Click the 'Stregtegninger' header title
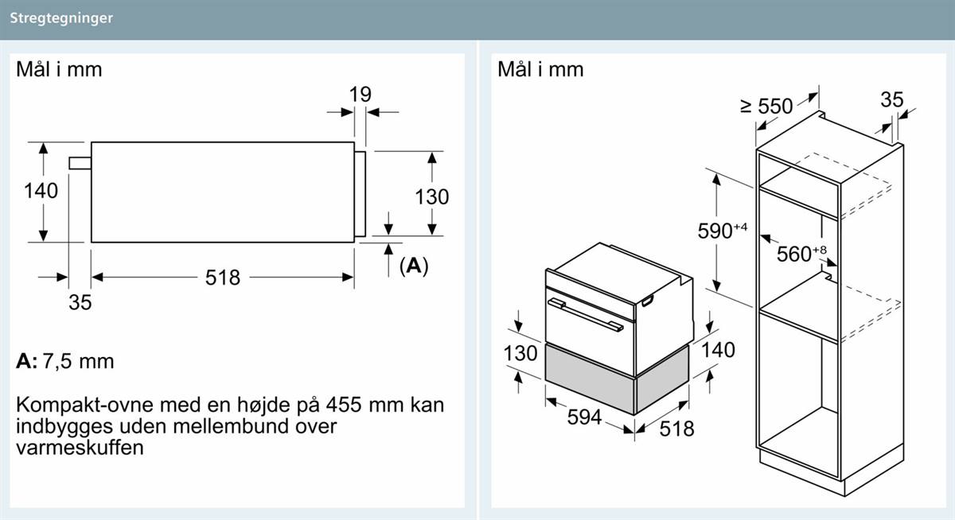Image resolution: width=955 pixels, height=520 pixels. pyautogui.click(x=61, y=18)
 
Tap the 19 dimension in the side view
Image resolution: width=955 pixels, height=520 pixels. pyautogui.click(x=361, y=94)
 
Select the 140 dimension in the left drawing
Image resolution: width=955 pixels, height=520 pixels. pyautogui.click(x=41, y=190)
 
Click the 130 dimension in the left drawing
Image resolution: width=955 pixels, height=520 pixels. pyautogui.click(x=432, y=196)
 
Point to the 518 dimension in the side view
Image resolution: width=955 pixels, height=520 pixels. pyautogui.click(x=223, y=277)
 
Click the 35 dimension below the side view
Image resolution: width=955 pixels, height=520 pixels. pyautogui.click(x=80, y=302)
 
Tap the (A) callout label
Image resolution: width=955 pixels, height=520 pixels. pyautogui.click(x=414, y=266)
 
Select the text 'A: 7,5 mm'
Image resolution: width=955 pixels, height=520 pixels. pyautogui.click(x=65, y=362)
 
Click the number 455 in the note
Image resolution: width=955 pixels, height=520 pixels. pyautogui.click(x=344, y=405)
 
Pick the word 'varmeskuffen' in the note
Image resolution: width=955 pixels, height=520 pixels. pyautogui.click(x=80, y=448)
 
